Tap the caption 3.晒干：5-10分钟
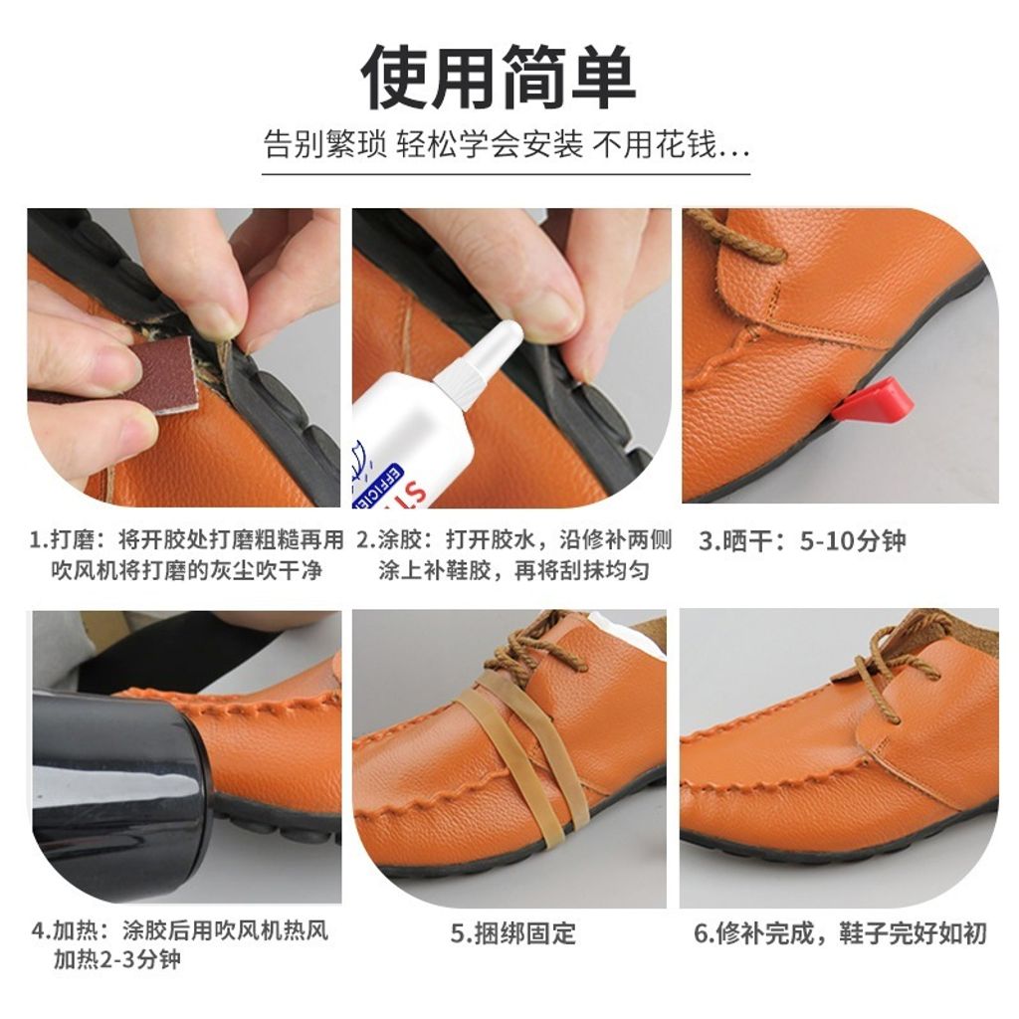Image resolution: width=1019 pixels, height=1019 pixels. click(x=802, y=542)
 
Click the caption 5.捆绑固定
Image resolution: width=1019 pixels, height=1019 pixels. click(x=512, y=933)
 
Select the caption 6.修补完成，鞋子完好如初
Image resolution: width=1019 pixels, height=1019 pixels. click(x=840, y=933)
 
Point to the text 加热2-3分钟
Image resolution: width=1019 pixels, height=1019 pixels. click(x=117, y=961)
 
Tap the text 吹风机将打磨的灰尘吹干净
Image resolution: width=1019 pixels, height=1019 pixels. click(x=187, y=571)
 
